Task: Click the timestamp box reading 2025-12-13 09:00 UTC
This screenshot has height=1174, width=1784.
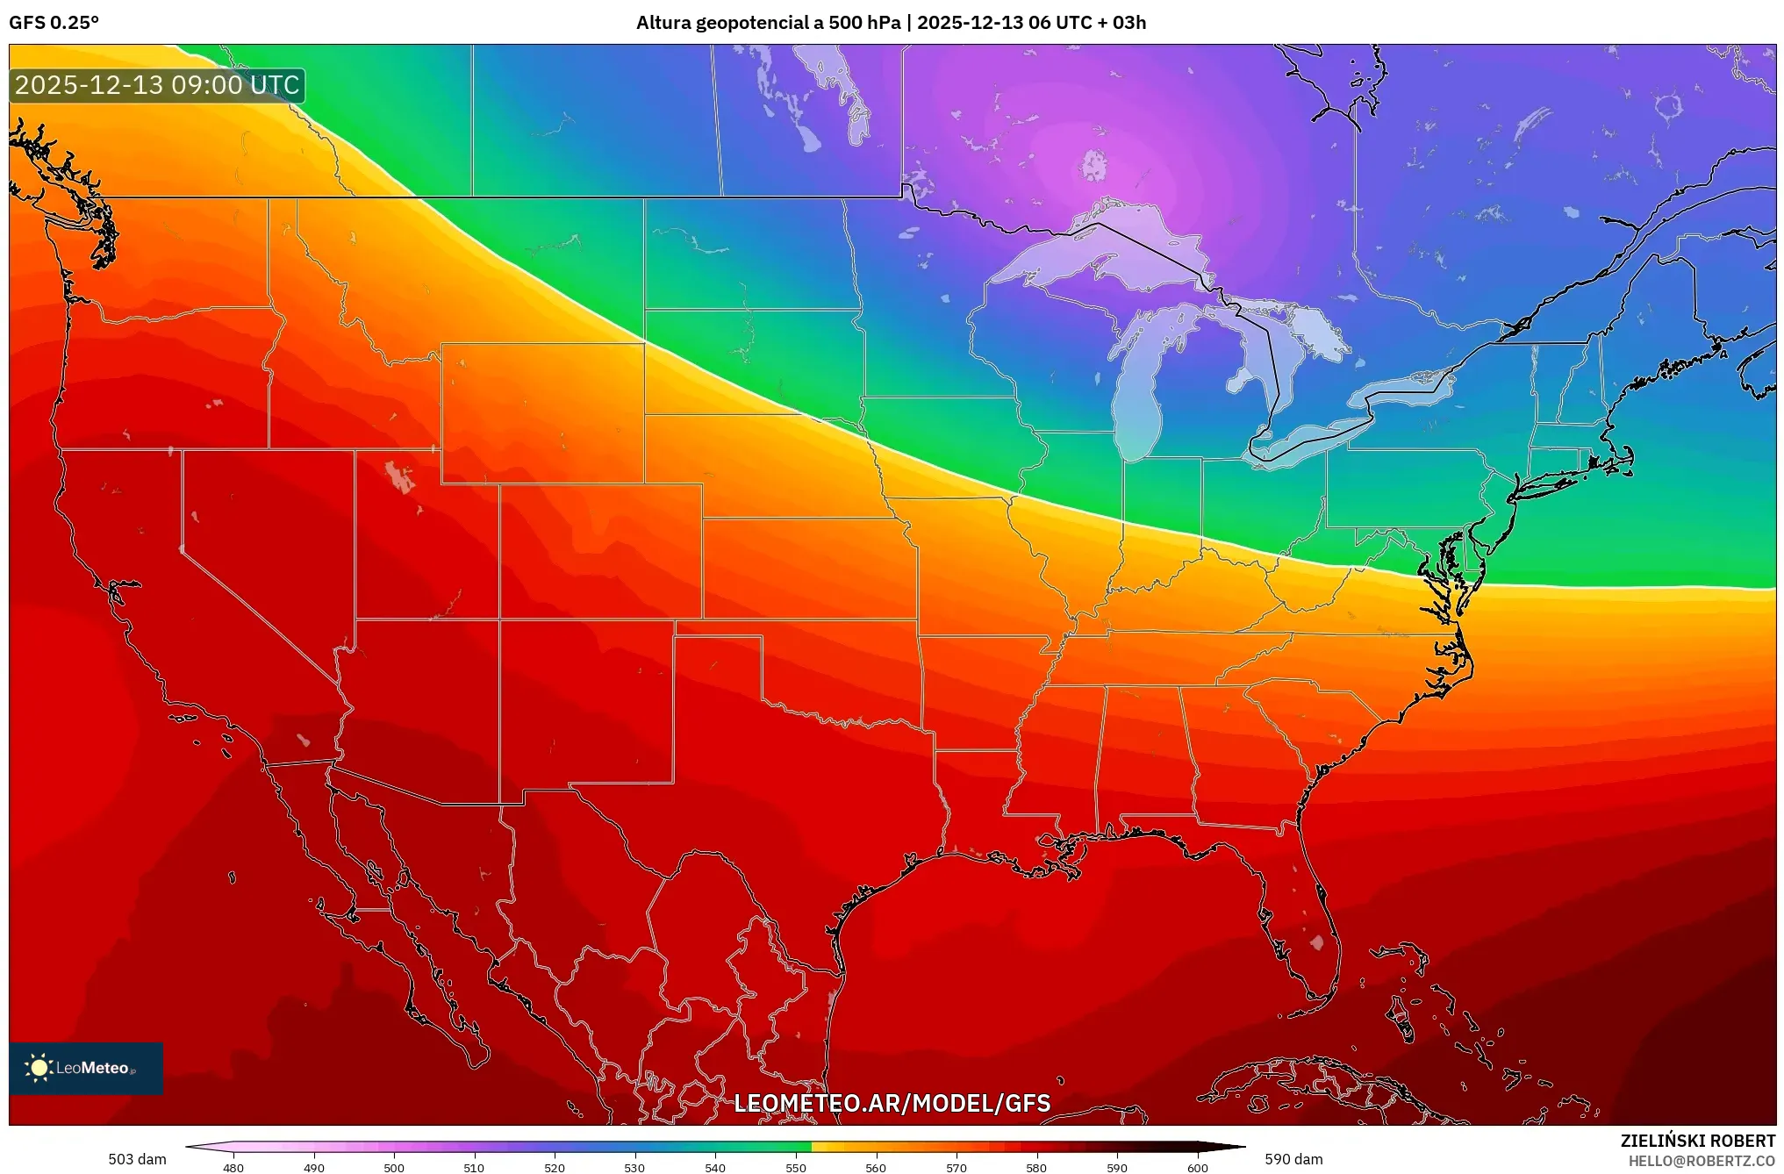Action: tap(157, 85)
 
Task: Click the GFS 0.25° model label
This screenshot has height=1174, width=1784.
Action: tap(54, 23)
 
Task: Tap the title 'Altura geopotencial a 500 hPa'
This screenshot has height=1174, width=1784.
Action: tap(768, 23)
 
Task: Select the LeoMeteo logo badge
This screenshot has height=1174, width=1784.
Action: tap(86, 1068)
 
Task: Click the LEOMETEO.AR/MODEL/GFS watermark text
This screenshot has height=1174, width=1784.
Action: tap(892, 1103)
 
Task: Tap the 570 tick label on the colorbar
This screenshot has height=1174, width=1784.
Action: tap(956, 1168)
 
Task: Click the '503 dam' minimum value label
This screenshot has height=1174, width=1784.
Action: tap(137, 1159)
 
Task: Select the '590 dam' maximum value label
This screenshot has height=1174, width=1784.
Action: tap(1293, 1159)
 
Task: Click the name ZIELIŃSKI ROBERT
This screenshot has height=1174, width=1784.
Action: tap(1697, 1141)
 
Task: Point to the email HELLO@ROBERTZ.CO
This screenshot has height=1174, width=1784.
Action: tap(1702, 1161)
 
